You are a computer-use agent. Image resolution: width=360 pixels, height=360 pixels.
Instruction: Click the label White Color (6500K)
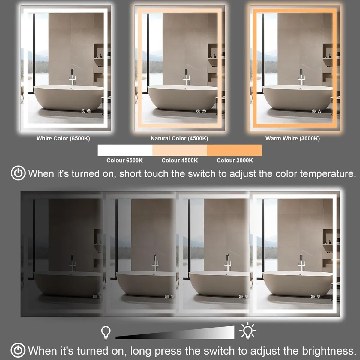pos(63,138)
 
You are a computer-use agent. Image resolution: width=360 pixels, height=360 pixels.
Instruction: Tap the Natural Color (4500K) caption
pos(179,138)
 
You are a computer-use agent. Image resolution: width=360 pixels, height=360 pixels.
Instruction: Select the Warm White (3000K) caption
pos(292,138)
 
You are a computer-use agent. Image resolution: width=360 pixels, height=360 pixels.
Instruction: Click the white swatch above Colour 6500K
pos(125,150)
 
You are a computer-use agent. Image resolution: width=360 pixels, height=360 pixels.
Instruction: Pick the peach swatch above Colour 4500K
pos(180,150)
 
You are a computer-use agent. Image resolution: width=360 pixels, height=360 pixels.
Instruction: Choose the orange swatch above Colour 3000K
pos(234,150)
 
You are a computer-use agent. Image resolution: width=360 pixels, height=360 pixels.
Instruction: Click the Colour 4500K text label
pos(180,160)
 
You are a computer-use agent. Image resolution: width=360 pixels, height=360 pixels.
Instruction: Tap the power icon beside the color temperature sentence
pos(18,173)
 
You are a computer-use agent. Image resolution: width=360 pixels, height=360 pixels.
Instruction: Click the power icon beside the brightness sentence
pos(18,350)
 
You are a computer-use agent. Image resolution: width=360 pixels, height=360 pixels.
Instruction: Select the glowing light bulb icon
pos(247,331)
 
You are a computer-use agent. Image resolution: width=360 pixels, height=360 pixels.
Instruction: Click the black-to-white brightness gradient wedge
pos(186,333)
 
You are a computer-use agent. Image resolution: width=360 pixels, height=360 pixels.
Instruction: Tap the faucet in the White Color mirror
pos(72,78)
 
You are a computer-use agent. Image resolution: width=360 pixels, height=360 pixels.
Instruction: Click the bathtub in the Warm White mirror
pos(297,97)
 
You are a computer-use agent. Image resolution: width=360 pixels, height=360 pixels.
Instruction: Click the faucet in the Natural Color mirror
pos(186,78)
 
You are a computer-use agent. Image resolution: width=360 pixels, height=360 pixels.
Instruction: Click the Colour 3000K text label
pos(235,160)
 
